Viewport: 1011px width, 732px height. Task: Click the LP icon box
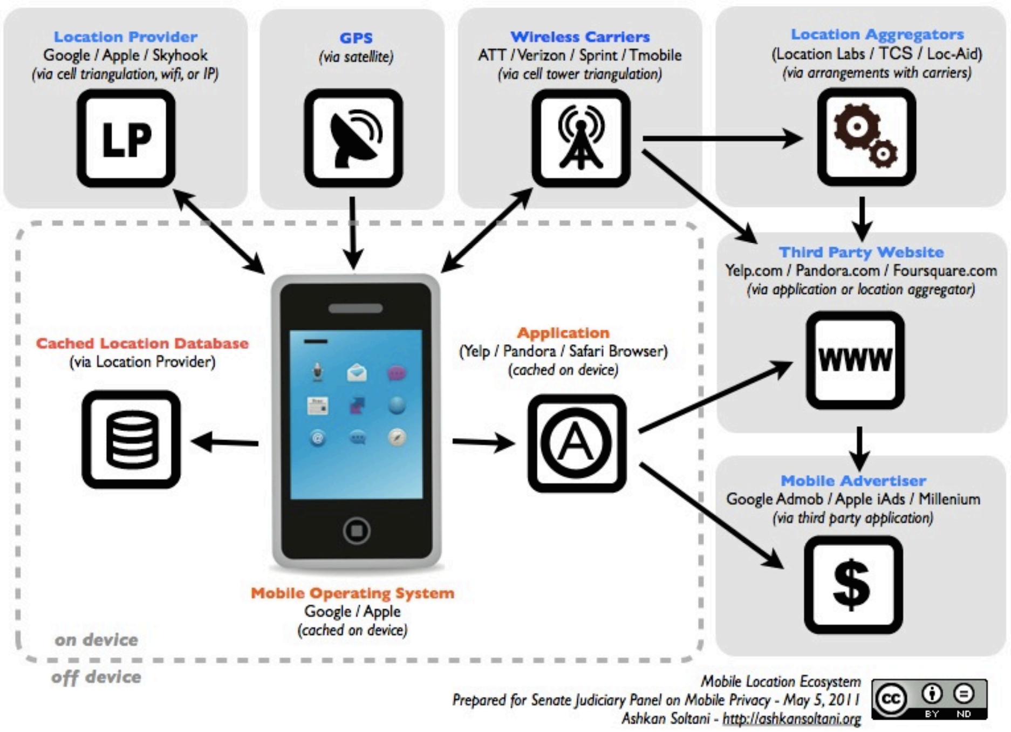pyautogui.click(x=126, y=139)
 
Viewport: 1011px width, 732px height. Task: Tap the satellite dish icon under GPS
pyautogui.click(x=353, y=139)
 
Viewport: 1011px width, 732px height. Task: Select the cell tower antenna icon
pyautogui.click(x=580, y=139)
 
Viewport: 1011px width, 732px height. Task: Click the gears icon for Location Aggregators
pyautogui.click(x=866, y=137)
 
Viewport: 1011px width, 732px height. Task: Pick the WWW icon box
pyautogui.click(x=855, y=360)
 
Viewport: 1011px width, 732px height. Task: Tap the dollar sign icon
pyautogui.click(x=852, y=585)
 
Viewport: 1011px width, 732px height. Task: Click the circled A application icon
pyautogui.click(x=577, y=443)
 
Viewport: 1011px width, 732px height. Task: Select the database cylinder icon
pyautogui.click(x=131, y=440)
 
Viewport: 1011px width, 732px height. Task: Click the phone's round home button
pyautogui.click(x=356, y=531)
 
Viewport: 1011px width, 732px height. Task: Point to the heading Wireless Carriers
pyautogui.click(x=580, y=37)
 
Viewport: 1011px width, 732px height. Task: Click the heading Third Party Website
pyautogui.click(x=861, y=252)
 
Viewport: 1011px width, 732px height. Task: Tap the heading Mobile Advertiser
pyautogui.click(x=853, y=481)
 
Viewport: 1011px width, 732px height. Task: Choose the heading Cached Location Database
pyautogui.click(x=142, y=343)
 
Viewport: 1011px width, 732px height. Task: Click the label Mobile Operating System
pyautogui.click(x=352, y=593)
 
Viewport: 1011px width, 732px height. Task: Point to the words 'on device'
pyautogui.click(x=96, y=640)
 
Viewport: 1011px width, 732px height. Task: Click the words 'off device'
pyautogui.click(x=96, y=677)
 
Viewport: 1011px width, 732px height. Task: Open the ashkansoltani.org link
pyautogui.click(x=791, y=719)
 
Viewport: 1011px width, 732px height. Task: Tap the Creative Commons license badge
pyautogui.click(x=929, y=699)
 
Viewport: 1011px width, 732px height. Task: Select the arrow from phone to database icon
pyautogui.click(x=225, y=442)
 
